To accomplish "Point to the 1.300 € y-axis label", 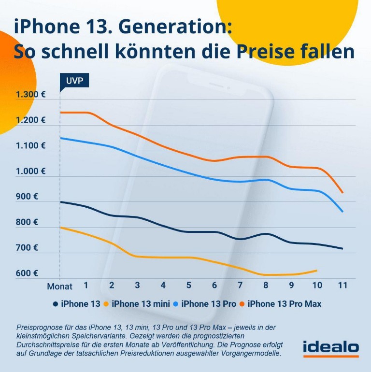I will [30, 94].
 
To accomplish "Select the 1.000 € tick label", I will [30, 171].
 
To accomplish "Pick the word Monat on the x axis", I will [59, 286].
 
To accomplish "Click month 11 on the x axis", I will [342, 286].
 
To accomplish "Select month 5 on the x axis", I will [188, 286].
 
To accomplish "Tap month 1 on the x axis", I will [86, 286].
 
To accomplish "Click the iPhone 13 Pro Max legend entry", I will [285, 304].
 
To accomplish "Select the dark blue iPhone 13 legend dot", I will [55, 304].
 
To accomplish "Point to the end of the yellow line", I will [317, 270].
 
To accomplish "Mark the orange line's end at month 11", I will [342, 193].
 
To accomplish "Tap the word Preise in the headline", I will [276, 52].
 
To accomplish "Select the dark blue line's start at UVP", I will [60, 202].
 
